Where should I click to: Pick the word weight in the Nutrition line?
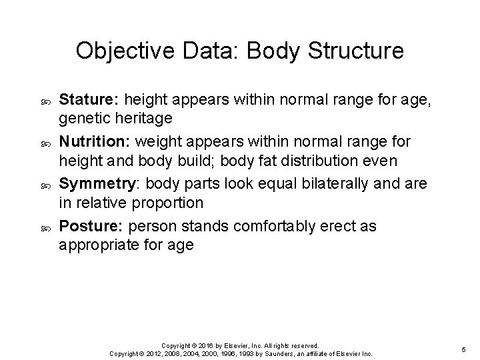(x=158, y=143)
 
